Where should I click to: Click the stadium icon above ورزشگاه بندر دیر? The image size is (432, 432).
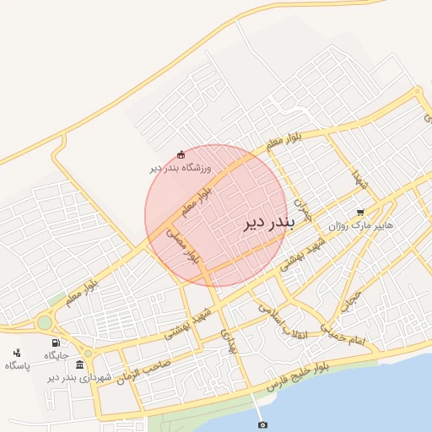pyautogui.click(x=181, y=154)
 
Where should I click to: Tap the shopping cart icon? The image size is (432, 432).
pyautogui.click(x=361, y=213)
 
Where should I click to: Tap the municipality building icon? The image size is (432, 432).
pyautogui.click(x=79, y=364)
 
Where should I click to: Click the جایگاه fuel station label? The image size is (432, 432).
pyautogui.click(x=57, y=357)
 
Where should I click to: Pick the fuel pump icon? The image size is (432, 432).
pyautogui.click(x=57, y=343)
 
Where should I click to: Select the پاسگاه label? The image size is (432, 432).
pyautogui.click(x=17, y=365)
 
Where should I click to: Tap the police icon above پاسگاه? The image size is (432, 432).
pyautogui.click(x=17, y=353)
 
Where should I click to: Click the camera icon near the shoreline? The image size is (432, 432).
pyautogui.click(x=262, y=424)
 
